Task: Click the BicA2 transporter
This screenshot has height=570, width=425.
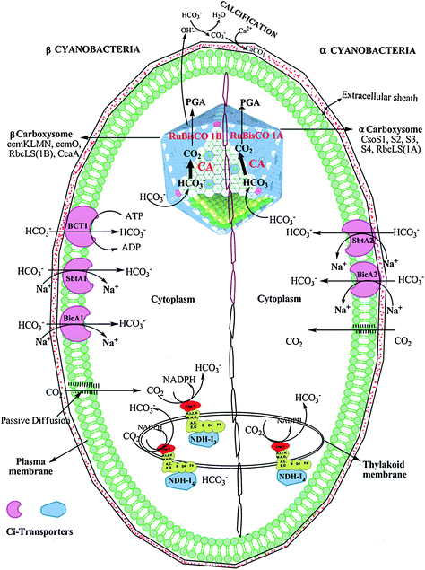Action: coord(365,279)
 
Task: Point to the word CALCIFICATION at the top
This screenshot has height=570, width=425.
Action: coord(267,8)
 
